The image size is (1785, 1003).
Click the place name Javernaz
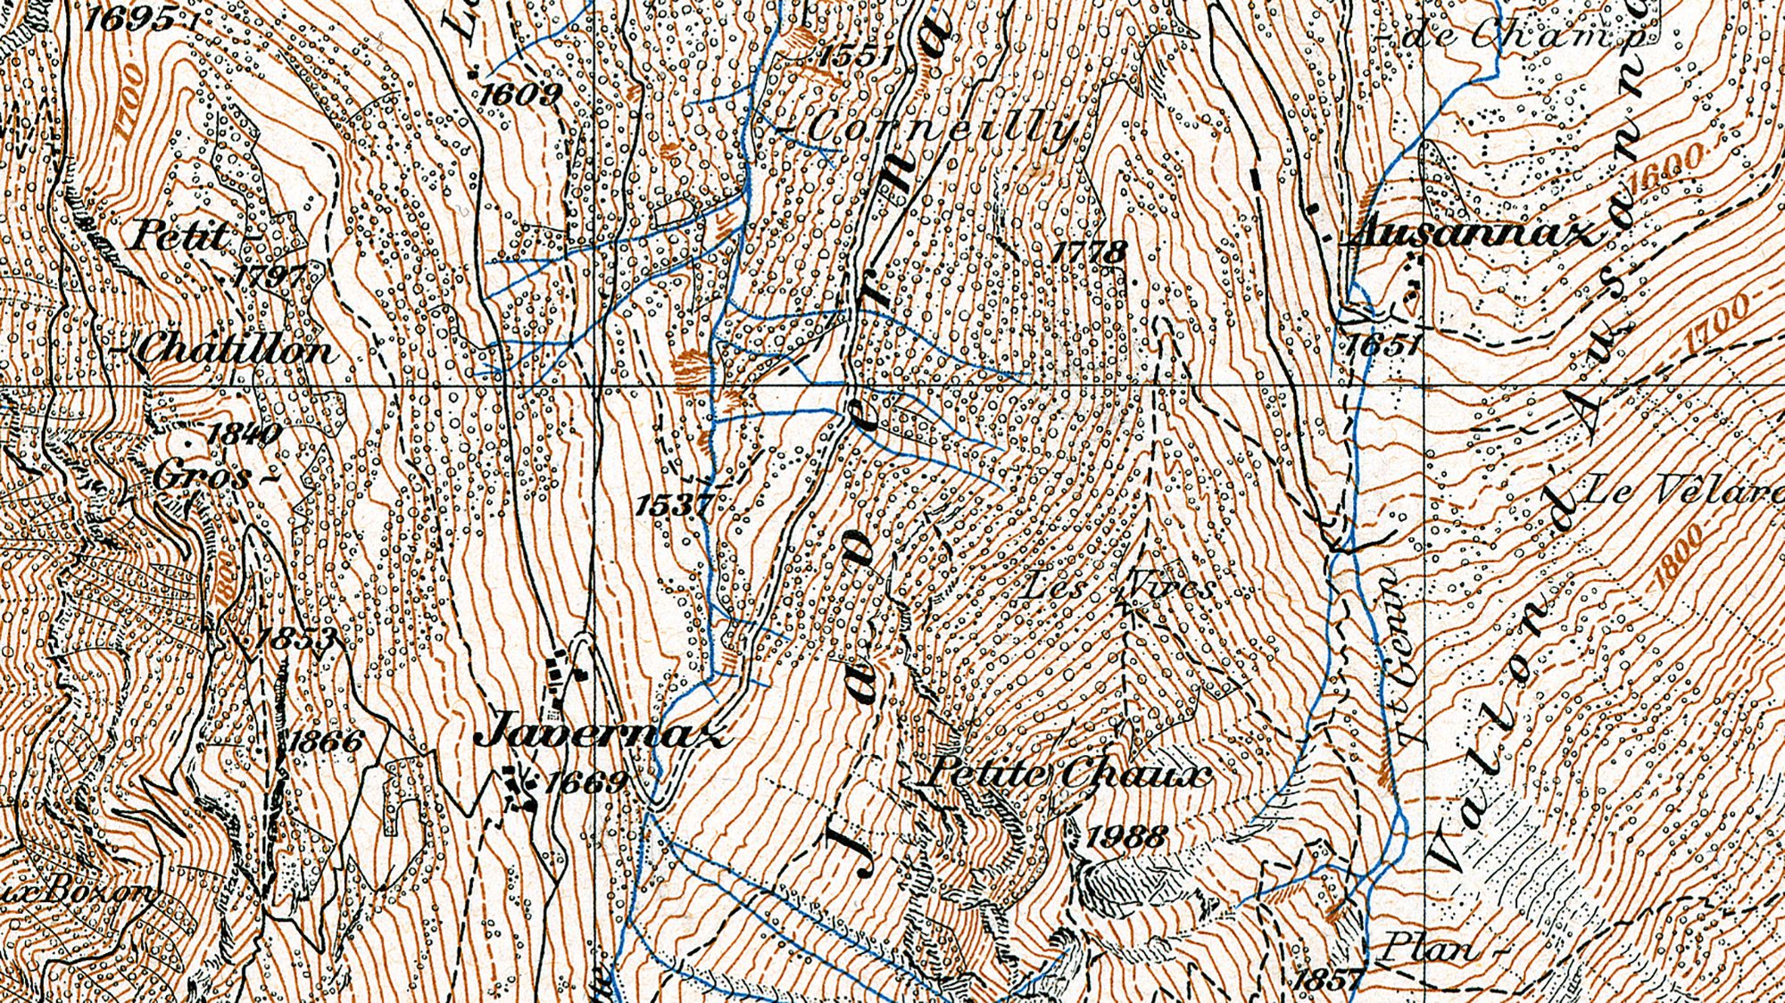[x=603, y=734]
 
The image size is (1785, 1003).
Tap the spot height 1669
[x=585, y=783]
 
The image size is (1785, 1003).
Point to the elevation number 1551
[x=855, y=55]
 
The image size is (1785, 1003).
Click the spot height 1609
[x=521, y=93]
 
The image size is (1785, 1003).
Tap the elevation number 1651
[x=1383, y=344]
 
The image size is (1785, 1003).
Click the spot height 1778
[x=1089, y=252]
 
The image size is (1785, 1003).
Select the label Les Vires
[x=1118, y=587]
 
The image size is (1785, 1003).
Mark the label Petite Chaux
[x=1064, y=774]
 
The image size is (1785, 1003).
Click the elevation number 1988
[x=1126, y=837]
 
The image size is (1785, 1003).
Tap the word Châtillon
[x=237, y=350]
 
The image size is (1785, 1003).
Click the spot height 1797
[x=270, y=275]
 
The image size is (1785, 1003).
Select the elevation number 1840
[x=243, y=434]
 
